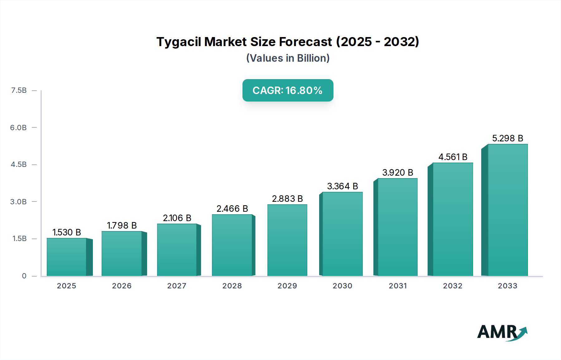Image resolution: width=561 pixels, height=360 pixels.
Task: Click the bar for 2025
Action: click(67, 257)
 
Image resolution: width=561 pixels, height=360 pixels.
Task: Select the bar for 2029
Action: click(287, 240)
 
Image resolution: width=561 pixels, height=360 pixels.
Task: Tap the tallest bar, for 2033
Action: click(508, 210)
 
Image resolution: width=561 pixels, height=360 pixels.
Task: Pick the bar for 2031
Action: click(397, 227)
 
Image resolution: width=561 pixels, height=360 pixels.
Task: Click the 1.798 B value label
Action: click(122, 225)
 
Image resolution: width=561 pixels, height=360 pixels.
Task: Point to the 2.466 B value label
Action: click(232, 209)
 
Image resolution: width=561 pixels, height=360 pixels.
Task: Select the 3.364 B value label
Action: click(343, 186)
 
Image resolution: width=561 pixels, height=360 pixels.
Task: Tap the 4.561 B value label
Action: click(453, 157)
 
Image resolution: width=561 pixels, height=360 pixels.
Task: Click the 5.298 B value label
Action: click(508, 138)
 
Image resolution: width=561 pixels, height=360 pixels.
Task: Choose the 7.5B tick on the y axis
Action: click(19, 91)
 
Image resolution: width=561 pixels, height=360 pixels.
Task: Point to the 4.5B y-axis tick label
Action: click(19, 164)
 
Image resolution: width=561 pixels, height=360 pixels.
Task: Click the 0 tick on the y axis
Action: click(24, 276)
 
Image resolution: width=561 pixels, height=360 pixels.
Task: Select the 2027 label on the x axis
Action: click(177, 286)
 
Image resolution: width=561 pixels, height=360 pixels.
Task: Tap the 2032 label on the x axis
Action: click(453, 286)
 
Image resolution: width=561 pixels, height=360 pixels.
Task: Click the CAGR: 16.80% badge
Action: click(288, 90)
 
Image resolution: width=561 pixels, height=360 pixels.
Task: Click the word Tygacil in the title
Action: click(179, 42)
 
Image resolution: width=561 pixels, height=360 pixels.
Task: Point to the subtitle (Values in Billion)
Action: click(288, 58)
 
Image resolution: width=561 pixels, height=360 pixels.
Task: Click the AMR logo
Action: click(502, 332)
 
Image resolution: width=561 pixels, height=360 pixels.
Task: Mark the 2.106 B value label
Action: click(177, 218)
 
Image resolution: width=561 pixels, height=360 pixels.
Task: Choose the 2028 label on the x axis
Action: click(232, 286)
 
